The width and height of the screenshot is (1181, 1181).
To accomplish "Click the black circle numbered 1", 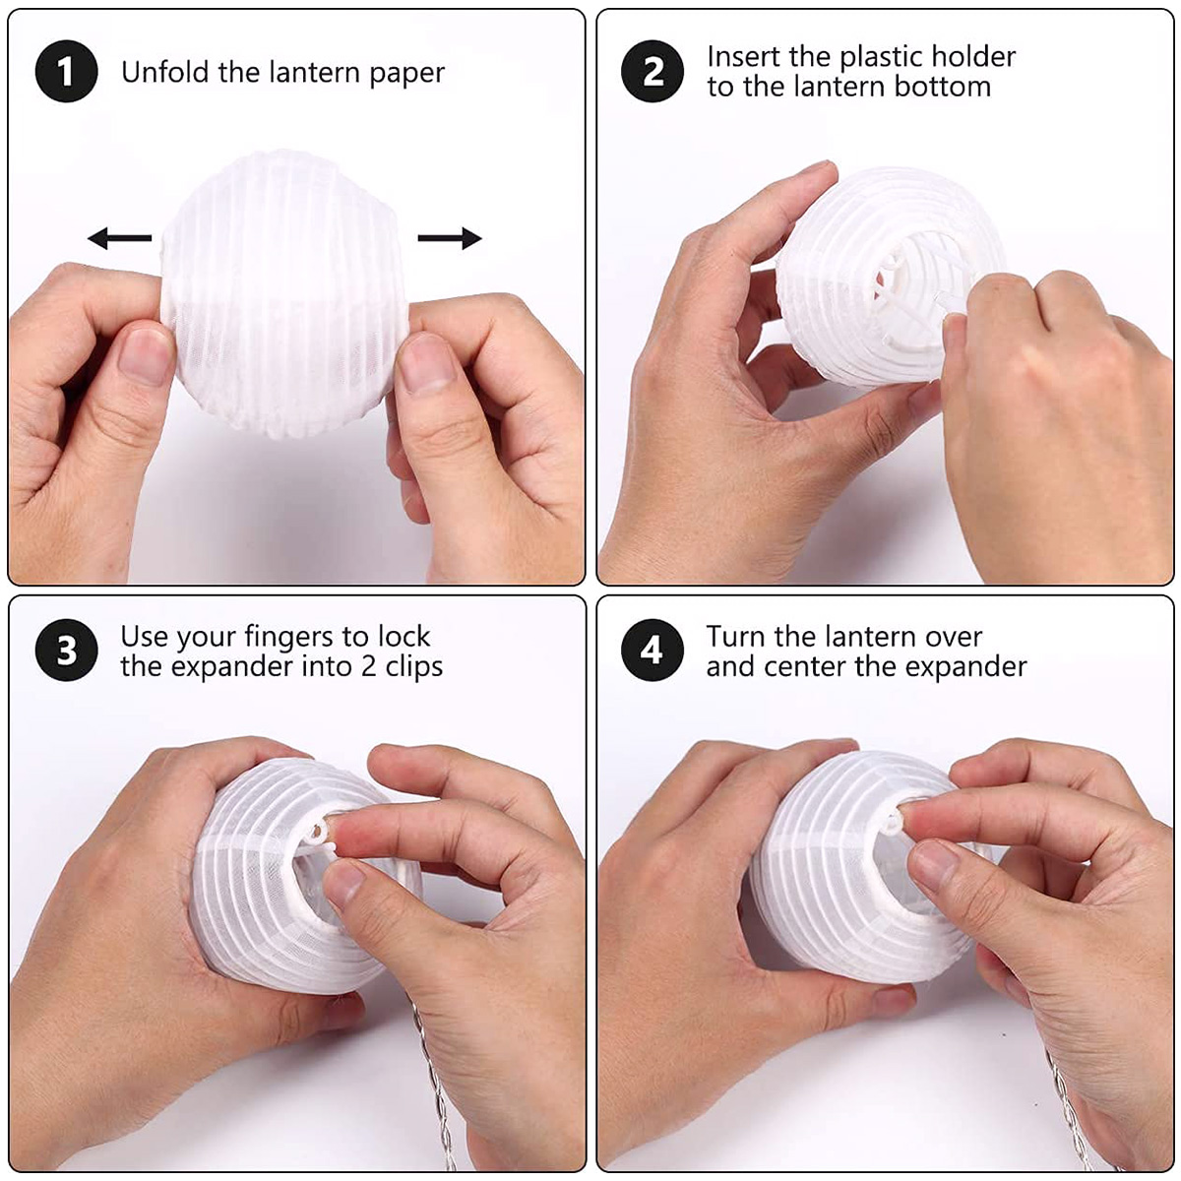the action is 66,71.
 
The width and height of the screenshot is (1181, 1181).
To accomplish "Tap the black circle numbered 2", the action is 653,71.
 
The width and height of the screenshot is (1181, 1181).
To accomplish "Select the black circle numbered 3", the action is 66,651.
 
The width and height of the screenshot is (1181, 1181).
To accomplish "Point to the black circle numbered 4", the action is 653,651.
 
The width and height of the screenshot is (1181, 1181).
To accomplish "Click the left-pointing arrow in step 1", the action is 119,238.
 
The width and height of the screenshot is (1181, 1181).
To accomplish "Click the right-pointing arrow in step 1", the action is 449,238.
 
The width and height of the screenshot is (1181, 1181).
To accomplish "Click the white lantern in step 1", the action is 284,293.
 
